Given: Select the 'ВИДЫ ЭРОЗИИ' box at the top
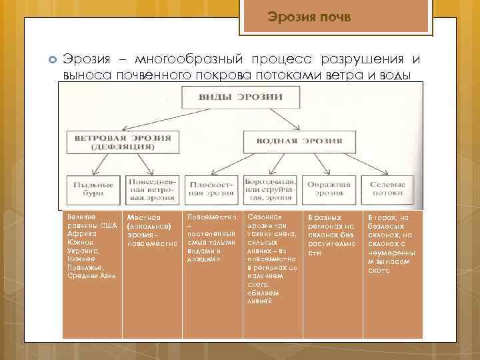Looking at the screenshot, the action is [x=241, y=97].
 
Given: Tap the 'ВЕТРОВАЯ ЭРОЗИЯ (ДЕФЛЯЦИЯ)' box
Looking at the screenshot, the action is [x=118, y=141].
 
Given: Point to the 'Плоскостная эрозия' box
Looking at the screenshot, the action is [x=211, y=188].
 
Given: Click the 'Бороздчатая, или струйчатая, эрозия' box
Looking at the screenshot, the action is [x=269, y=188].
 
